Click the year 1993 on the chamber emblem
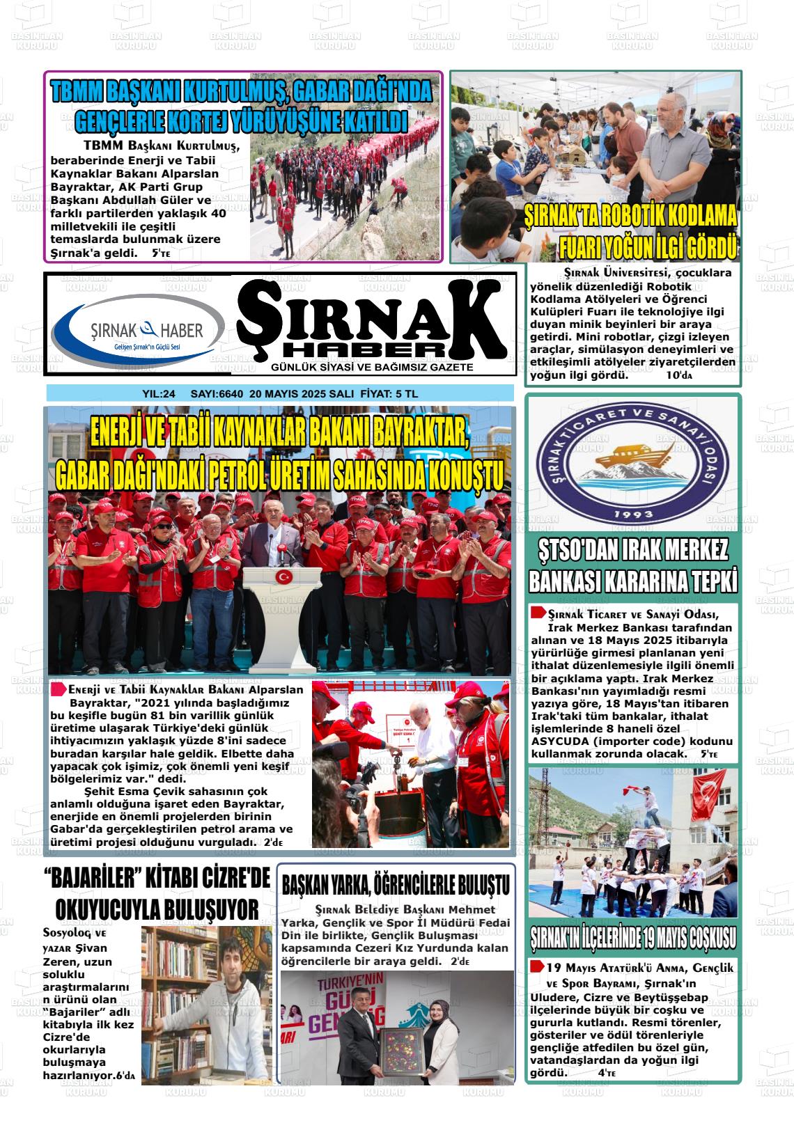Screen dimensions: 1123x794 pyautogui.click(x=632, y=515)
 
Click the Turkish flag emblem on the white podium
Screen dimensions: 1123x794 pyautogui.click(x=283, y=576)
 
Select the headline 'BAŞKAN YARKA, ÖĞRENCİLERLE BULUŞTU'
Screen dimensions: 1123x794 pyautogui.click(x=395, y=885)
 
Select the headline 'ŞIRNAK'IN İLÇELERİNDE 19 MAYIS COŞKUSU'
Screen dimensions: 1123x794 pyautogui.click(x=632, y=937)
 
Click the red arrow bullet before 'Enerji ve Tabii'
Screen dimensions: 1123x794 pyautogui.click(x=59, y=689)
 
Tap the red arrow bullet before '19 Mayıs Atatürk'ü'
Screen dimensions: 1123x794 pyautogui.click(x=537, y=967)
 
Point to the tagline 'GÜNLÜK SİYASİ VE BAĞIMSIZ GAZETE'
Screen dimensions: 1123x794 pyautogui.click(x=373, y=367)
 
